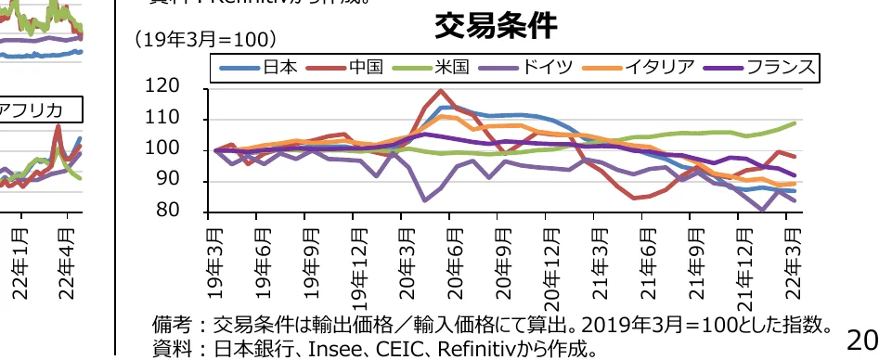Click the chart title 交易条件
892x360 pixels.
pos(497,27)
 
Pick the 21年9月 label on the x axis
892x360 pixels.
pos(694,261)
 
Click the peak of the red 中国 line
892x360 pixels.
pos(440,91)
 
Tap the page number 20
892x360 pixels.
pos(862,341)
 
